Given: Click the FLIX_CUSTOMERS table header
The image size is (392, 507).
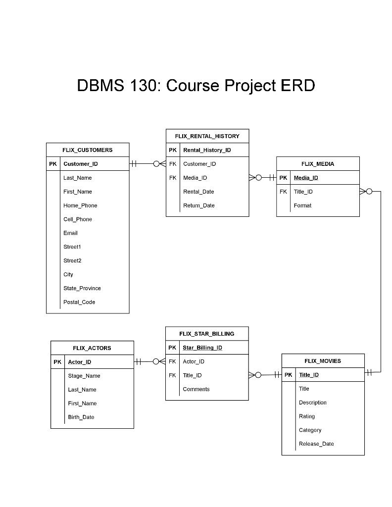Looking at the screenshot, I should coord(87,150).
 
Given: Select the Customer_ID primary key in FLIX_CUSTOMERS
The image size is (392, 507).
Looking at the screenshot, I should coord(80,164).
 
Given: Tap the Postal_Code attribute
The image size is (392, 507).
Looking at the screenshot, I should coord(79,302).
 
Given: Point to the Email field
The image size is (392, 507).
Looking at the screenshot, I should coord(70,233).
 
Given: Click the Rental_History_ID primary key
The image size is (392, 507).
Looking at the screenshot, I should coord(207,150).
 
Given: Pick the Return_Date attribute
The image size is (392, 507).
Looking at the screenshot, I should coord(198,205).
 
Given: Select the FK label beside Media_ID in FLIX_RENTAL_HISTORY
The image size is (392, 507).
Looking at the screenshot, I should coord(172,178).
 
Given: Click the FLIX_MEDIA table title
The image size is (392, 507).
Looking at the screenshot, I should coord(317,164).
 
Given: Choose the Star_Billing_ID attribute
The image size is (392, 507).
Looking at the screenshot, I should coord(202,348).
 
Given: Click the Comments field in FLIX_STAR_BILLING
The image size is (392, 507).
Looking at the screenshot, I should coord(196,389).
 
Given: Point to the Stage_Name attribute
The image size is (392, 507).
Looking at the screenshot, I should coord(84,376).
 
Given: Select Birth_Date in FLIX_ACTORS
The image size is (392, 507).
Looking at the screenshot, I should coord(81,417).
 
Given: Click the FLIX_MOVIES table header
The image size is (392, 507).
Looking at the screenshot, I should coord(322,361).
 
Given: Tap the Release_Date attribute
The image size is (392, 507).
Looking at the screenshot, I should coord(316,444).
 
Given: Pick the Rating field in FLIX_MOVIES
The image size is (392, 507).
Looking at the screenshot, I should coord(306,416).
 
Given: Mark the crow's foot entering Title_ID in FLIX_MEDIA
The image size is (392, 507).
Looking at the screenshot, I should coord(363,192).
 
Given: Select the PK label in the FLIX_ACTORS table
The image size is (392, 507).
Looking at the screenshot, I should coord(57,362).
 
